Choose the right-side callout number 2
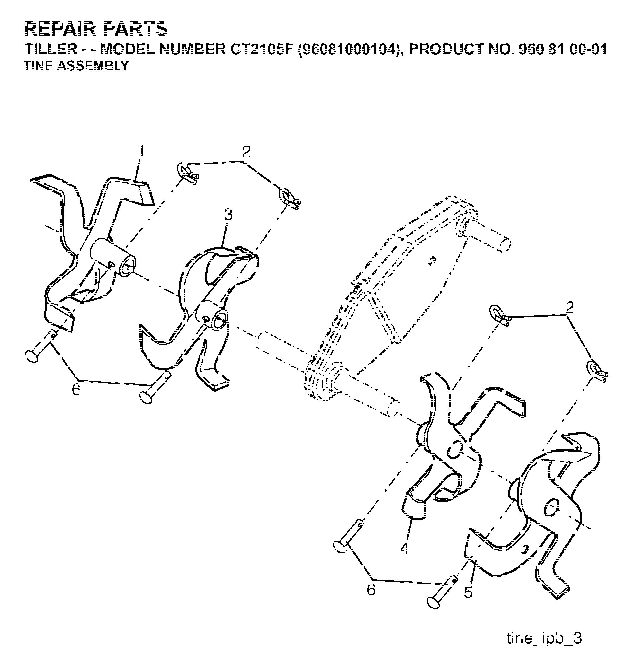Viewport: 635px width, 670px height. [x=570, y=308]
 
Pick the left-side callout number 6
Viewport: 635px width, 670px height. [x=76, y=390]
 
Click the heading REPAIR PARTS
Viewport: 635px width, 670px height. [x=96, y=29]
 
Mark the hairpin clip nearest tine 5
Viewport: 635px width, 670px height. [x=597, y=371]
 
